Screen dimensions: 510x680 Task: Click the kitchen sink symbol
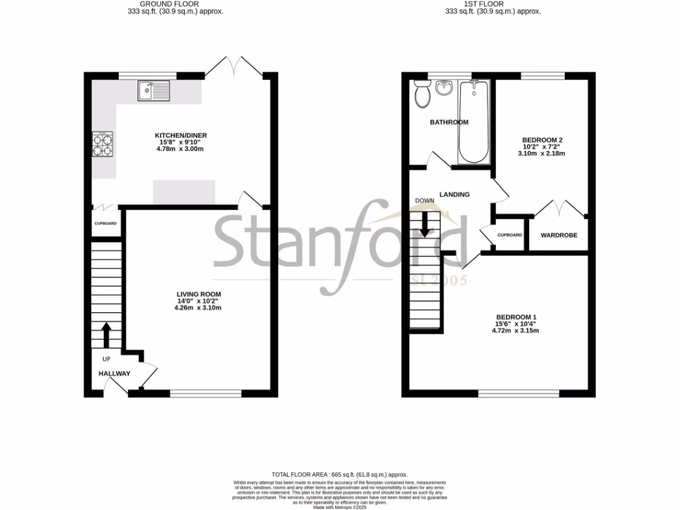[154, 90]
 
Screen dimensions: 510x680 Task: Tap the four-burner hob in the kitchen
[102, 145]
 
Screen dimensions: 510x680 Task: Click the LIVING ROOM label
[198, 294]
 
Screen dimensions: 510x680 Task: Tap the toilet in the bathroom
[421, 94]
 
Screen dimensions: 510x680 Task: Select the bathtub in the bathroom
[473, 122]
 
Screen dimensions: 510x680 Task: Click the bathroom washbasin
[444, 88]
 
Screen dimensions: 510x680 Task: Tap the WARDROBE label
[558, 235]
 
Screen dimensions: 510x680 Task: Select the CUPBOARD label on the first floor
[510, 235]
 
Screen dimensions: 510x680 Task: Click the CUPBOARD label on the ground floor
[105, 224]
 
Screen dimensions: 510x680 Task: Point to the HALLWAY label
[115, 374]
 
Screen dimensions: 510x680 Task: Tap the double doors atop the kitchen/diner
[233, 66]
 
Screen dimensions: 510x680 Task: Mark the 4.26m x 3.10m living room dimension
[198, 308]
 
